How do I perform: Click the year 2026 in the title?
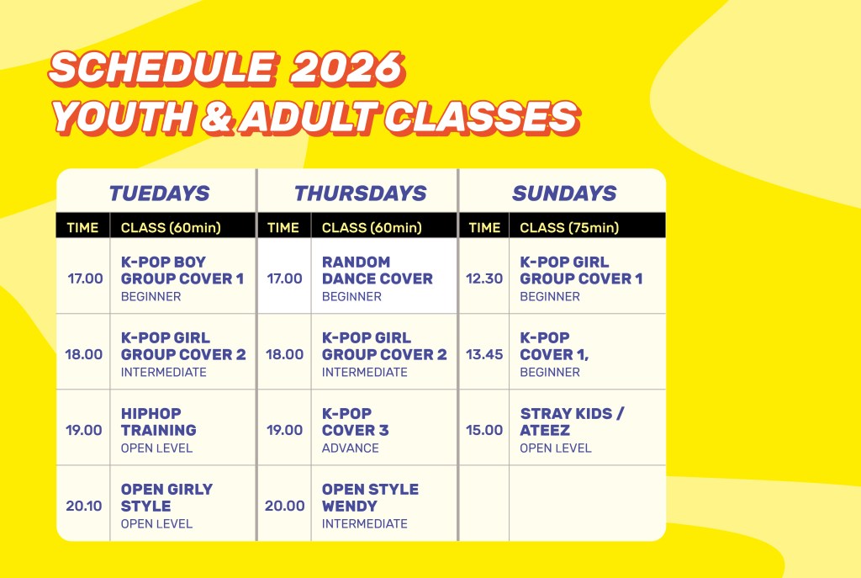pos(347,69)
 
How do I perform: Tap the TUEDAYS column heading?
pos(159,194)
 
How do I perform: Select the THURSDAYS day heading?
pos(360,194)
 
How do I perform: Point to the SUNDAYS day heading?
pos(564,194)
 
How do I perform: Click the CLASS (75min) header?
pos(569,227)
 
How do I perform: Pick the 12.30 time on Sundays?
pos(483,278)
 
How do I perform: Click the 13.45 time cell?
pos(483,354)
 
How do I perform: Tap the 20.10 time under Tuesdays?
pos(83,506)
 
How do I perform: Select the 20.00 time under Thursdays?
pos(284,506)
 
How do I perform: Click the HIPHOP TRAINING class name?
pos(159,422)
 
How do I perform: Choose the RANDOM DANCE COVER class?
pos(378,270)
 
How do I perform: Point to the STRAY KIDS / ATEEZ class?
pos(572,422)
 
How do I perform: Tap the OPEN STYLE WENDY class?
pos(370,498)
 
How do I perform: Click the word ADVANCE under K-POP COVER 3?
pos(351,448)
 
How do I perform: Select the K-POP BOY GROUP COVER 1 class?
pos(182,270)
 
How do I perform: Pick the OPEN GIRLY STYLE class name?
pos(167,498)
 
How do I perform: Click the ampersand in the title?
pos(217,118)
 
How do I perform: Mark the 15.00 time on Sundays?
pos(483,430)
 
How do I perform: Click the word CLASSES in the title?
pos(481,118)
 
